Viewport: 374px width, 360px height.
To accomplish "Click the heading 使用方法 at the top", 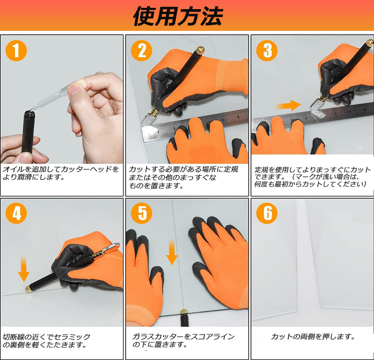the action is tap(178, 16).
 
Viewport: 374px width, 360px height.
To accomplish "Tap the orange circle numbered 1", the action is tap(16, 50).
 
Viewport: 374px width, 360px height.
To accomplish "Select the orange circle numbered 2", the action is tap(141, 50).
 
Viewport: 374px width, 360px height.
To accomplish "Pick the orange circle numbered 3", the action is tap(267, 50).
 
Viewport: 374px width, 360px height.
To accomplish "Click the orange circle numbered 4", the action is tap(16, 213).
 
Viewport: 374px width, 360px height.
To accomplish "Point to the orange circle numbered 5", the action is tap(141, 213).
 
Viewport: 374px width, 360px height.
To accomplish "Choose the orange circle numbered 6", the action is tap(267, 213).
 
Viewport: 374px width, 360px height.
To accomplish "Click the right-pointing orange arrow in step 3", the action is tap(289, 105).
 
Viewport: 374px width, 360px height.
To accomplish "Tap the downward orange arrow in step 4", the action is tap(23, 270).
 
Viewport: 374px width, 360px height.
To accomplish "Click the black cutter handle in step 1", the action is tap(28, 132).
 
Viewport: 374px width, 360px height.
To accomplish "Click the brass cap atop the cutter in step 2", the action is tap(200, 50).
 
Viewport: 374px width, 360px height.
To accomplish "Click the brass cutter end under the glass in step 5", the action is tap(184, 312).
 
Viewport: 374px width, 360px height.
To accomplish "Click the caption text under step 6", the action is tap(313, 337).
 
